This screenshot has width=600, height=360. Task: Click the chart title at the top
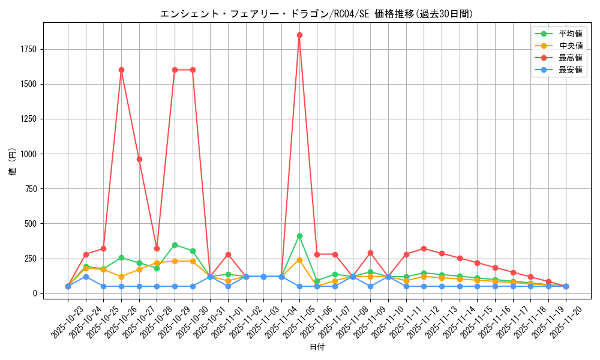pyautogui.click(x=316, y=14)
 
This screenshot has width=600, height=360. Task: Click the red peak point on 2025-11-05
pyautogui.click(x=299, y=35)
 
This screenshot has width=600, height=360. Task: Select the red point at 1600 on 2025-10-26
pyautogui.click(x=121, y=70)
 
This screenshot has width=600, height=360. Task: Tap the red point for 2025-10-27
pyautogui.click(x=139, y=159)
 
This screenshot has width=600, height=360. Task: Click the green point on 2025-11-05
pyautogui.click(x=299, y=236)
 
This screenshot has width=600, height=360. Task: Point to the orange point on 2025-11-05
pyautogui.click(x=299, y=260)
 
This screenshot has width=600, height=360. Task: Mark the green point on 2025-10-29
pyautogui.click(x=175, y=245)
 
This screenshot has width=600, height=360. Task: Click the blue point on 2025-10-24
pyautogui.click(x=86, y=277)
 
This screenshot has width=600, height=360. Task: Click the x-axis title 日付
pyautogui.click(x=316, y=347)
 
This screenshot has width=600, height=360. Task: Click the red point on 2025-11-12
pyautogui.click(x=424, y=248)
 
